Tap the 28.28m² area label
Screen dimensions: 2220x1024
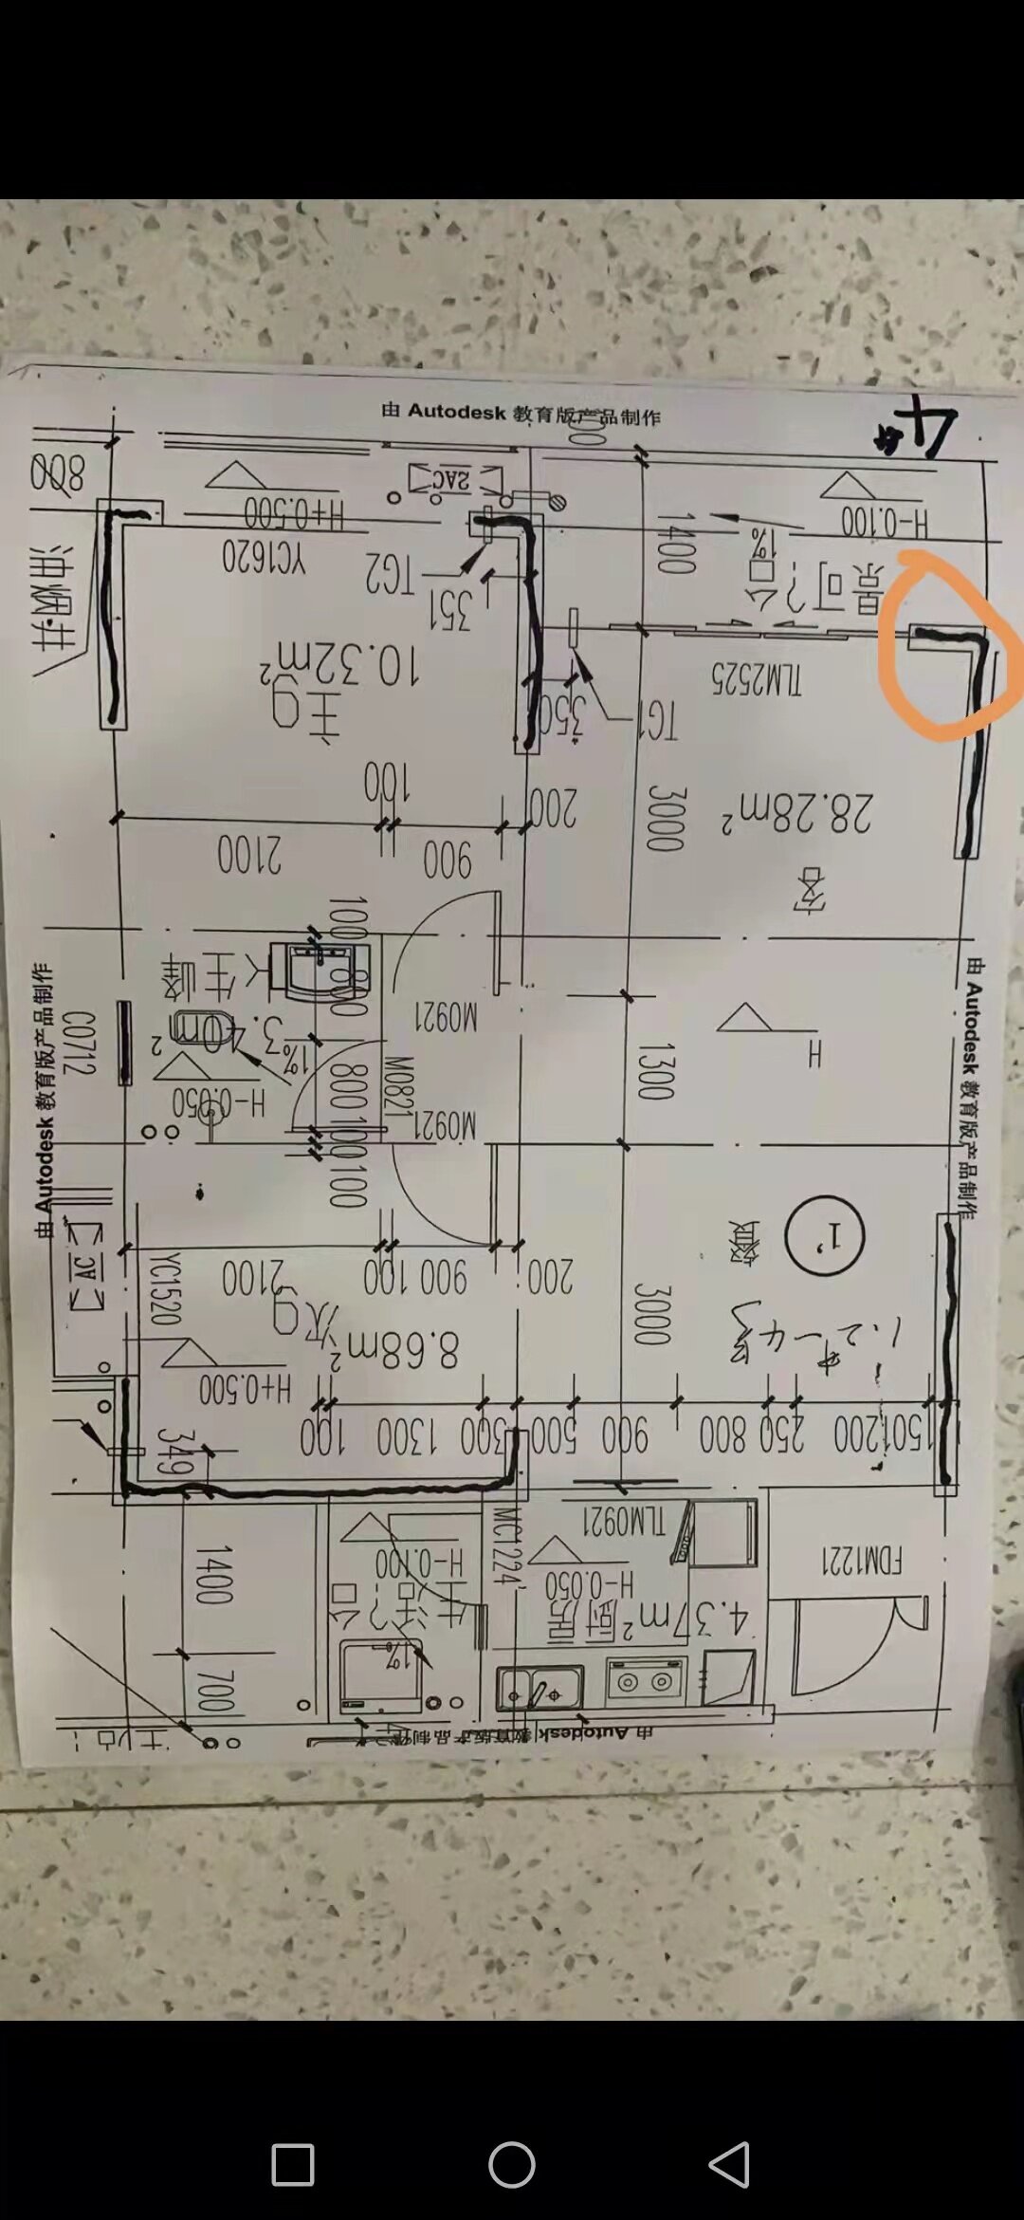(796, 812)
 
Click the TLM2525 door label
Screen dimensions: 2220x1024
(757, 677)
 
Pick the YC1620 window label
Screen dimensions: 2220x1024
(264, 557)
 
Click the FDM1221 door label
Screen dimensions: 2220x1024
(861, 1561)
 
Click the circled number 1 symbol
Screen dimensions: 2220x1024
(825, 1235)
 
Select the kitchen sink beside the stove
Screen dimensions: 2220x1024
(539, 1688)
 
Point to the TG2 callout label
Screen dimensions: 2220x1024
(390, 574)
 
